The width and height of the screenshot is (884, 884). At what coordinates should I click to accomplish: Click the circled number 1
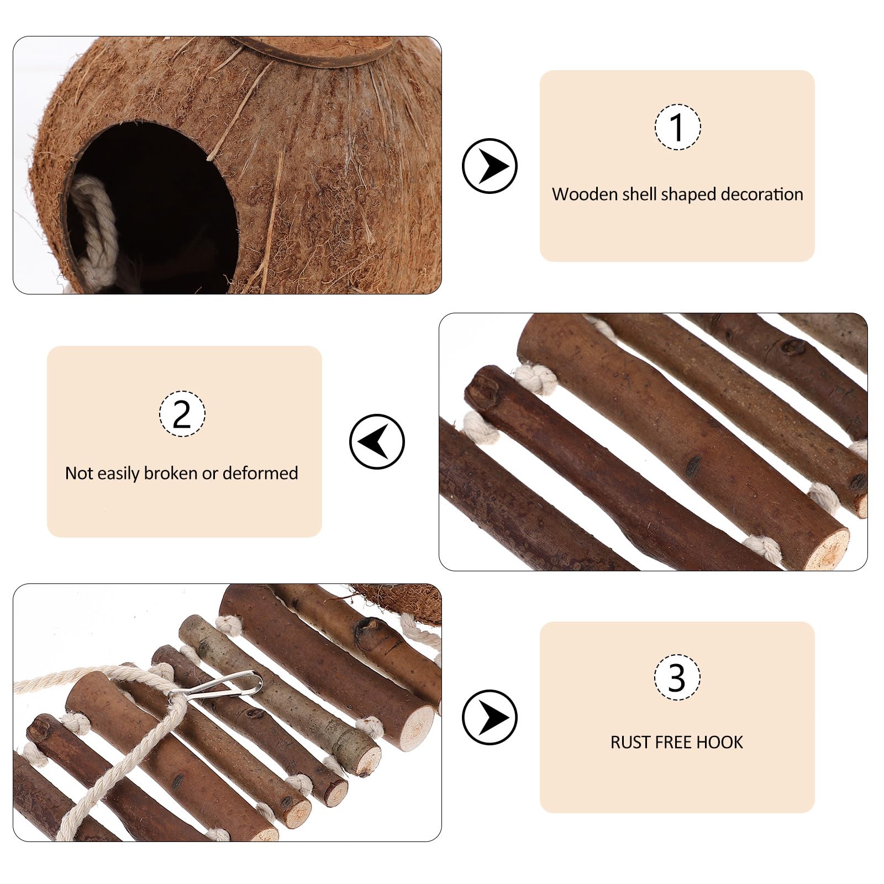click(x=677, y=127)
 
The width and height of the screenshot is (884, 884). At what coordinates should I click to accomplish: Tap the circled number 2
click(x=182, y=413)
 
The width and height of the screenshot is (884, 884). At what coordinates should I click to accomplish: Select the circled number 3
click(x=677, y=678)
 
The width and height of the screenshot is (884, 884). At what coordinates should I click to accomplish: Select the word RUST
click(x=629, y=742)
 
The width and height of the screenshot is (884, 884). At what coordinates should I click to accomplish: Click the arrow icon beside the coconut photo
click(x=490, y=166)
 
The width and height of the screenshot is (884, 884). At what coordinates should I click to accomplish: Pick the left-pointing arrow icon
click(x=377, y=441)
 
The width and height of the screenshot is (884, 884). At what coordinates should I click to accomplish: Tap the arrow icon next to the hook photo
click(x=490, y=717)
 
